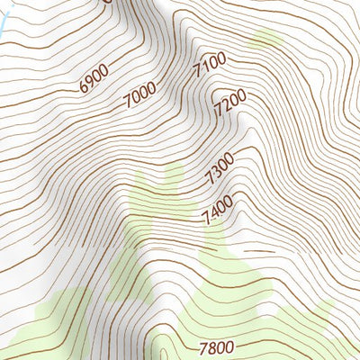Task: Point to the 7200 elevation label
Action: [230, 106]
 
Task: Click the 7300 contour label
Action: [220, 168]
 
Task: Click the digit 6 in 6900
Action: [84, 88]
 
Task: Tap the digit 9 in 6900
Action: [90, 82]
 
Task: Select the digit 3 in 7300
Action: [216, 172]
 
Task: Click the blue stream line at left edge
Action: [3, 27]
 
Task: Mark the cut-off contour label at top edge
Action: [107, 2]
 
